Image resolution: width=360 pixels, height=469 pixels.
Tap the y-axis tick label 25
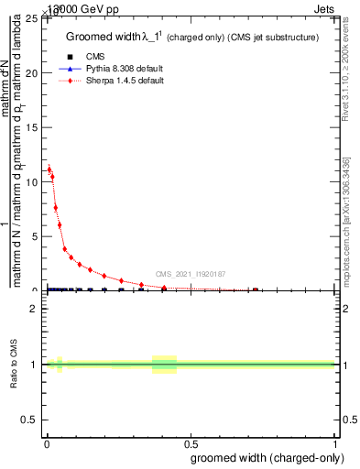coord(32,18)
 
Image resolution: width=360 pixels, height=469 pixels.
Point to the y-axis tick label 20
coord(32,73)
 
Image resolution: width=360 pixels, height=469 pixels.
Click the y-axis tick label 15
coord(32,127)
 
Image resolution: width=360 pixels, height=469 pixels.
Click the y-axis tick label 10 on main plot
coord(32,182)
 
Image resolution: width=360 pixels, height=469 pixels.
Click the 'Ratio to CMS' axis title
coord(15,364)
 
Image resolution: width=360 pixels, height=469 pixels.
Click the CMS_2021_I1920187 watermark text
coord(190,274)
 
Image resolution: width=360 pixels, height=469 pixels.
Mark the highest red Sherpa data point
coord(49,169)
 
